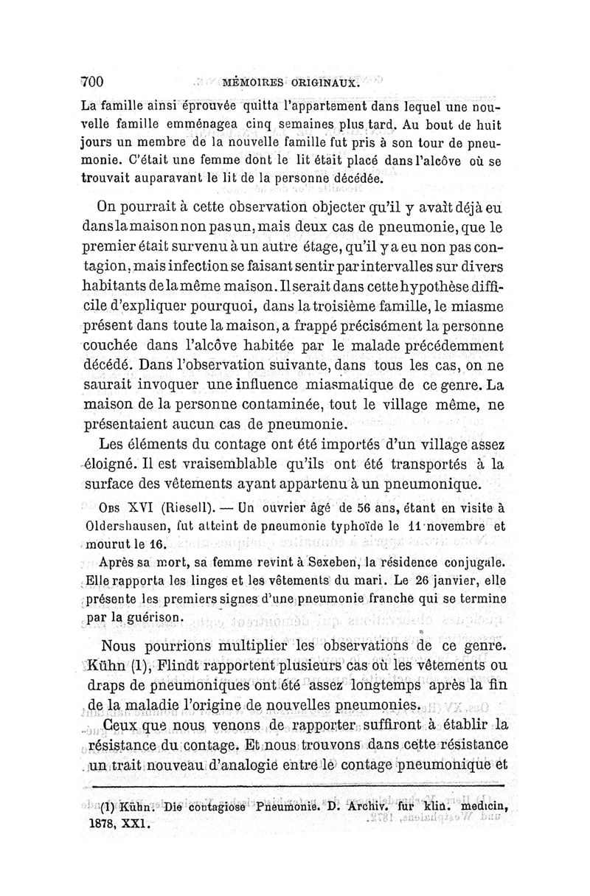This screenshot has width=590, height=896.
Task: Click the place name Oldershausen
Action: tap(122, 527)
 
